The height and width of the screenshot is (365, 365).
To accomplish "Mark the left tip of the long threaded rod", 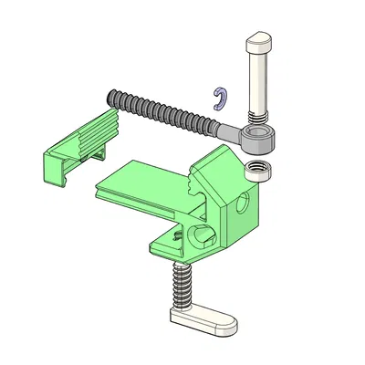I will click(114, 96).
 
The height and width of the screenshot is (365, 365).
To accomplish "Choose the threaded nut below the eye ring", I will click(258, 169).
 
